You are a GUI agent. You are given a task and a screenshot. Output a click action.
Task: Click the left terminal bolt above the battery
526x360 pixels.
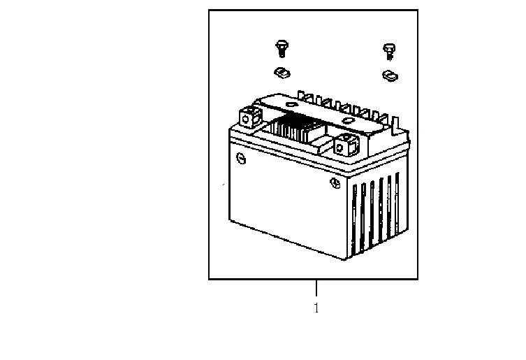point(281,48)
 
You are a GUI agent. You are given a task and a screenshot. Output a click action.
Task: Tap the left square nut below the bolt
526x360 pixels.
point(282,71)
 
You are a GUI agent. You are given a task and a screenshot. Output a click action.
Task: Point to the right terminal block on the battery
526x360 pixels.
point(347,145)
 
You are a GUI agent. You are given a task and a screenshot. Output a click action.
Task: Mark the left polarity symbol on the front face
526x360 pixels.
point(242,158)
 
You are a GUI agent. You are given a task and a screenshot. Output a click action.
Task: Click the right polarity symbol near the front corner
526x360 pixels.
point(335,184)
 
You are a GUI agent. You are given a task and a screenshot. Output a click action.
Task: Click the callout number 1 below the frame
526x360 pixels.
point(316,308)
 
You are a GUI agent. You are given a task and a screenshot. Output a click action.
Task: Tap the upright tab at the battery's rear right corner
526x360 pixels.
point(400,126)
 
